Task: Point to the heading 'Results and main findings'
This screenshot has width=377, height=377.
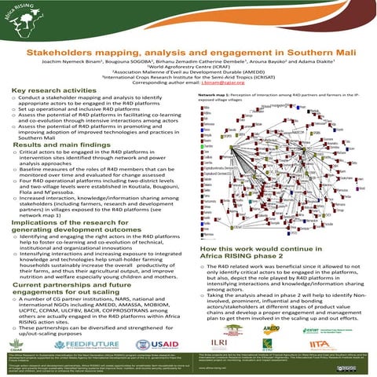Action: coord(54,148)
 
